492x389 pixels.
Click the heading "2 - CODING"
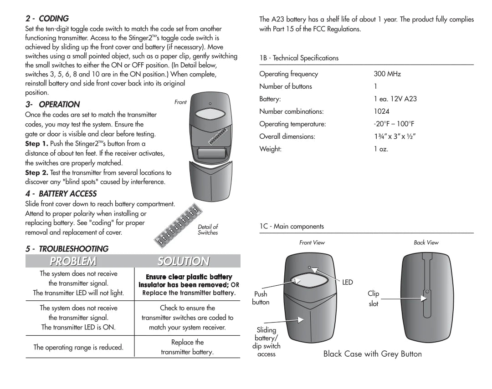pyautogui.click(x=47, y=19)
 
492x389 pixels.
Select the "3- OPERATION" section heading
pyautogui.click(x=52, y=104)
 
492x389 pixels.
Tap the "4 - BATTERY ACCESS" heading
pyautogui.click(x=61, y=194)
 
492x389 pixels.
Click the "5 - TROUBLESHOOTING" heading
pyautogui.click(x=67, y=249)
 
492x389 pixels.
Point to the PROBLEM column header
pyautogui.click(x=73, y=261)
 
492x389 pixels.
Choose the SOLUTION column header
pyautogui.click(x=183, y=261)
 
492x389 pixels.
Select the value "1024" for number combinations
pyautogui.click(x=382, y=111)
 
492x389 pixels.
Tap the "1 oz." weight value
pyautogui.click(x=381, y=149)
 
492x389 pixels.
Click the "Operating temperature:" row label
pyautogui.click(x=292, y=124)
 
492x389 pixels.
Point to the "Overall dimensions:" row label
pyautogui.click(x=287, y=136)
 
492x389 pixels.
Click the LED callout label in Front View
pyautogui.click(x=348, y=283)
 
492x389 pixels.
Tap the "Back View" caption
pyautogui.click(x=426, y=243)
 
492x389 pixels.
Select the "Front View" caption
pyautogui.click(x=312, y=243)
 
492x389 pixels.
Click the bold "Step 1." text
pyautogui.click(x=36, y=144)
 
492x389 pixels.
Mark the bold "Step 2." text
pyautogui.click(x=36, y=173)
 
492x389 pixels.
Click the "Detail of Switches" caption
pyautogui.click(x=208, y=230)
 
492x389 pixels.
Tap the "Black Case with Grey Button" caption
pyautogui.click(x=372, y=354)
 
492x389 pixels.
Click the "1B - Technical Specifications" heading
pyautogui.click(x=299, y=58)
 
